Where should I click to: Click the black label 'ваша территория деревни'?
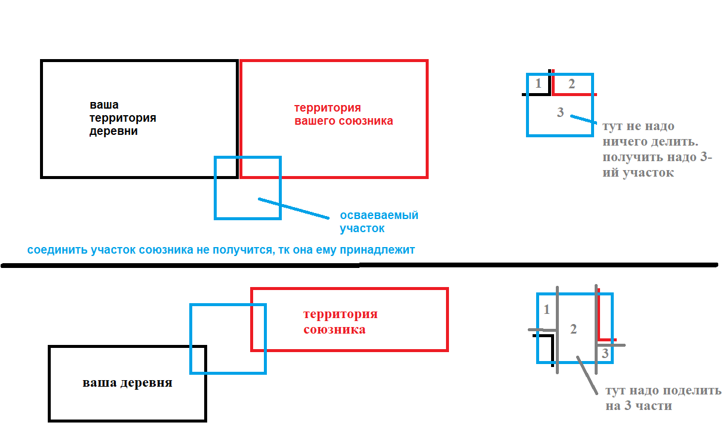point(122,118)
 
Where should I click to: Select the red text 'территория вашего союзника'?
point(343,115)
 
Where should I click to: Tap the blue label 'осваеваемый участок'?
point(379,221)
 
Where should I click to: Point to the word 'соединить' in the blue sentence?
point(51,250)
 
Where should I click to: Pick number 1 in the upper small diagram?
point(538,84)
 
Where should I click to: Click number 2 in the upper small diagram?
point(571,84)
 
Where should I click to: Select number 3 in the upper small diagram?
point(560,112)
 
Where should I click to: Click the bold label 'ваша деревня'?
point(127,383)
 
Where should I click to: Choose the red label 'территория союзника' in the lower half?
point(340,322)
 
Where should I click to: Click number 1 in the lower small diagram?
point(547,310)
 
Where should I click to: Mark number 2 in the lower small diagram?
point(574,329)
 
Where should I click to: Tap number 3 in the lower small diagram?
point(605,354)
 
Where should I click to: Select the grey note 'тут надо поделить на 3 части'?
point(663,398)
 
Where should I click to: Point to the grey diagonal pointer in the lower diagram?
point(586,375)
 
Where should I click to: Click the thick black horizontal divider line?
point(358,265)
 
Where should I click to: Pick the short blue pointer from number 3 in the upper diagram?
point(583,119)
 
